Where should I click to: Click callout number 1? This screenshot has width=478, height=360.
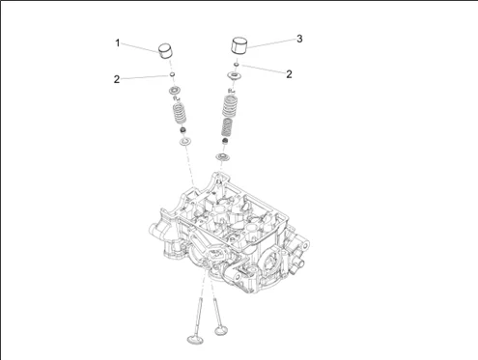point(118,42)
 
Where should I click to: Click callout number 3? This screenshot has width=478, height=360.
point(299,39)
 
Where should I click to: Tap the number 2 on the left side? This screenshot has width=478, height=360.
point(117,79)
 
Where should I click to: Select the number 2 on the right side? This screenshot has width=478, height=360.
point(289,74)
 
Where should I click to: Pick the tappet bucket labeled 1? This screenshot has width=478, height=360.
point(166,51)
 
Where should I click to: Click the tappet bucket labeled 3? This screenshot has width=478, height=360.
point(241,45)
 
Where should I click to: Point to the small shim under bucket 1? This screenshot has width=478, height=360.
point(173,75)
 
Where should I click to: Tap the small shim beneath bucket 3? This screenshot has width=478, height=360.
point(237,65)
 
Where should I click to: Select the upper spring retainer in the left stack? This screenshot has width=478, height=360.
point(175,90)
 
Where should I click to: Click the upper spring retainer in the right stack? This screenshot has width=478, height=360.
point(234,76)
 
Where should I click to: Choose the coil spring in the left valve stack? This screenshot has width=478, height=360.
point(180,113)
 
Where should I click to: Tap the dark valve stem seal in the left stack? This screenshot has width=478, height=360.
point(183,130)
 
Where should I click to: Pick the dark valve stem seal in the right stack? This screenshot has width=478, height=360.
point(225,141)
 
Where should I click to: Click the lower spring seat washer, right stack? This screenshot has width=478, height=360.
point(222,157)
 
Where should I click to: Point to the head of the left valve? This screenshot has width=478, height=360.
point(196,340)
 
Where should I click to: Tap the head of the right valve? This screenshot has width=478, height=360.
point(221,330)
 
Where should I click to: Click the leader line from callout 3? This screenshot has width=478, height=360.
point(271,43)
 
